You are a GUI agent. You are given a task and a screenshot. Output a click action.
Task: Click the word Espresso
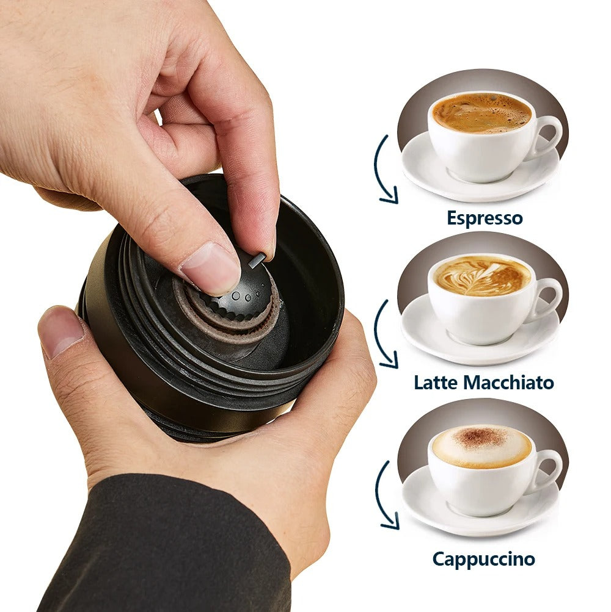[x=485, y=218]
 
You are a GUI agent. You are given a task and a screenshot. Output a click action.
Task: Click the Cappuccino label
[x=483, y=560]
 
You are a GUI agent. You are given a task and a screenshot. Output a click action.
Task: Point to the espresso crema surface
[x=481, y=113]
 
